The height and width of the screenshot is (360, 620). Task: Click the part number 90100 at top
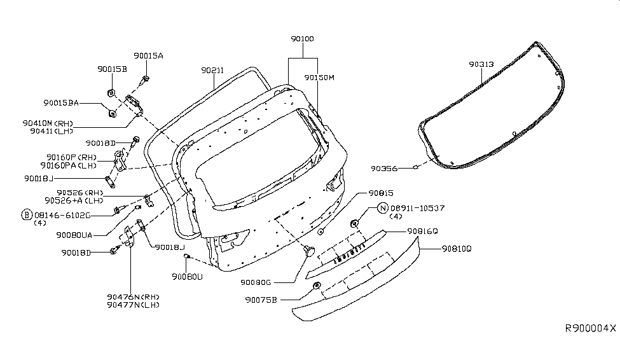pyautogui.click(x=302, y=39)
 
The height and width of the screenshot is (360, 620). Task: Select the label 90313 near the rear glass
pyautogui.click(x=481, y=64)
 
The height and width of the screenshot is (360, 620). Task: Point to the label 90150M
pyautogui.click(x=319, y=78)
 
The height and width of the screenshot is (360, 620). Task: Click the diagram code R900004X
pyautogui.click(x=591, y=328)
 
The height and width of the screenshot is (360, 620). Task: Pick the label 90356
pyautogui.click(x=385, y=169)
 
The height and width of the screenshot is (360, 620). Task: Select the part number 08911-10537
pyautogui.click(x=418, y=208)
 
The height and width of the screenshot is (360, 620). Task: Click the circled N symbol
pyautogui.click(x=383, y=208)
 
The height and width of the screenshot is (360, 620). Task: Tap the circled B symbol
pyautogui.click(x=27, y=214)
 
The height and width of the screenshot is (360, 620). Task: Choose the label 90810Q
pyautogui.click(x=455, y=250)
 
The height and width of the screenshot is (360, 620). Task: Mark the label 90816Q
pyautogui.click(x=423, y=231)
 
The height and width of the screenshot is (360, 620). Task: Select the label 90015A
pyautogui.click(x=148, y=56)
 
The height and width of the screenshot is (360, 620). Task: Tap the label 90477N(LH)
pyautogui.click(x=133, y=305)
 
